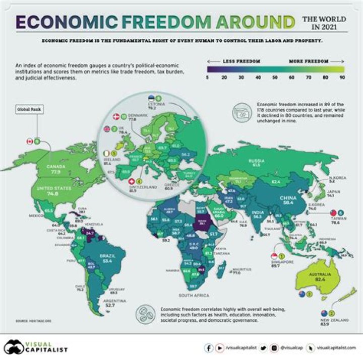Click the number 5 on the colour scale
pyautogui.click(x=208, y=79)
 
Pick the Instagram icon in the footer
pyautogui.click(x=273, y=347)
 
